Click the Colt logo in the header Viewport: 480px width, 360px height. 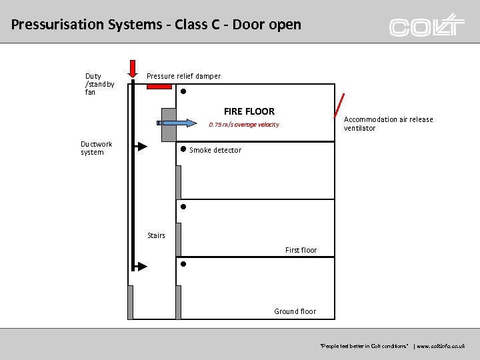coord(427,25)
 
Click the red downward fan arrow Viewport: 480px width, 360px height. coord(133,67)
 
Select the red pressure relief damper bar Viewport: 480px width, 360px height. coord(159,86)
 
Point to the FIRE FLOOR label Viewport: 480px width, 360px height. coord(249,111)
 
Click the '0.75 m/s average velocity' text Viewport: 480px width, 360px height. coord(244,125)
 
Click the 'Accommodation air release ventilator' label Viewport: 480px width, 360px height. coord(388,124)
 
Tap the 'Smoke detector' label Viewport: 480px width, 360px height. coord(215,150)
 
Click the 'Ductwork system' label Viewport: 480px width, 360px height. coord(97,148)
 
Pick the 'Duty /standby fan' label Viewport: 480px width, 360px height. coord(99,84)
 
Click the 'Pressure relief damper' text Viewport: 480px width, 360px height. coord(183,76)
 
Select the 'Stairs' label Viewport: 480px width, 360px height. coord(156,235)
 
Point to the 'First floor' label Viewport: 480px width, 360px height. coord(301,250)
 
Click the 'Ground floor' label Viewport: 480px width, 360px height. coord(295,311)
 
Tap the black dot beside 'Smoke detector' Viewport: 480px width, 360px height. coord(183,149)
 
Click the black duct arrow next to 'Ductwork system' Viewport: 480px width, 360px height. coord(141,146)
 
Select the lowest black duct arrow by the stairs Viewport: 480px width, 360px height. coord(141,267)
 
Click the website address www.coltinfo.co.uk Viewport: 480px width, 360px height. coord(441,347)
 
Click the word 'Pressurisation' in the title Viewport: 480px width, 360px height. coord(58,25)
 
